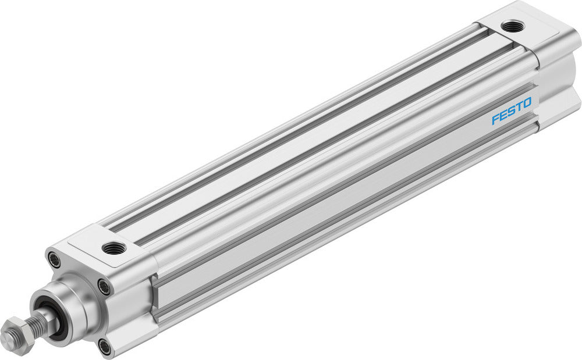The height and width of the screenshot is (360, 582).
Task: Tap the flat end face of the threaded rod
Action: tap(8, 338)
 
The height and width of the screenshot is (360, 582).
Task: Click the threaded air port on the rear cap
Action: tap(512, 26)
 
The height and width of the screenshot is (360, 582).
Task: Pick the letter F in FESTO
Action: tap(495, 119)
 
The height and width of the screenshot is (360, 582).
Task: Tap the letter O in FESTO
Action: tap(526, 103)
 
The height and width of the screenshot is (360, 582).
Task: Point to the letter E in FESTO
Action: tap(503, 115)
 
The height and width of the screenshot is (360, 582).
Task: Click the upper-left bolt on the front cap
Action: tap(54, 259)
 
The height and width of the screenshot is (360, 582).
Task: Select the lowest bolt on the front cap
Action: tap(105, 347)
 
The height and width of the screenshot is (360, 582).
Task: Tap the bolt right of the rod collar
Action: tap(104, 287)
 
